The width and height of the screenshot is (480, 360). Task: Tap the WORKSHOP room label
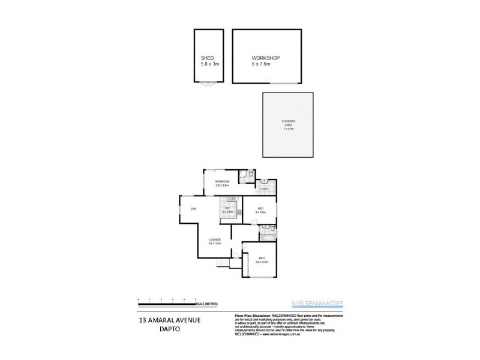266,58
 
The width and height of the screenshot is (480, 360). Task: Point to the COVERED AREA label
289,123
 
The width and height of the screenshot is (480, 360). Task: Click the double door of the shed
208,85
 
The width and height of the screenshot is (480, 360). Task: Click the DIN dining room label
194,209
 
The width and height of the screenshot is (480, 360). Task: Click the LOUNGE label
215,239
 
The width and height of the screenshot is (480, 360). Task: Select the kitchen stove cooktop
239,211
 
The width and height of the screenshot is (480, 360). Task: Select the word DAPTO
165,329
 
